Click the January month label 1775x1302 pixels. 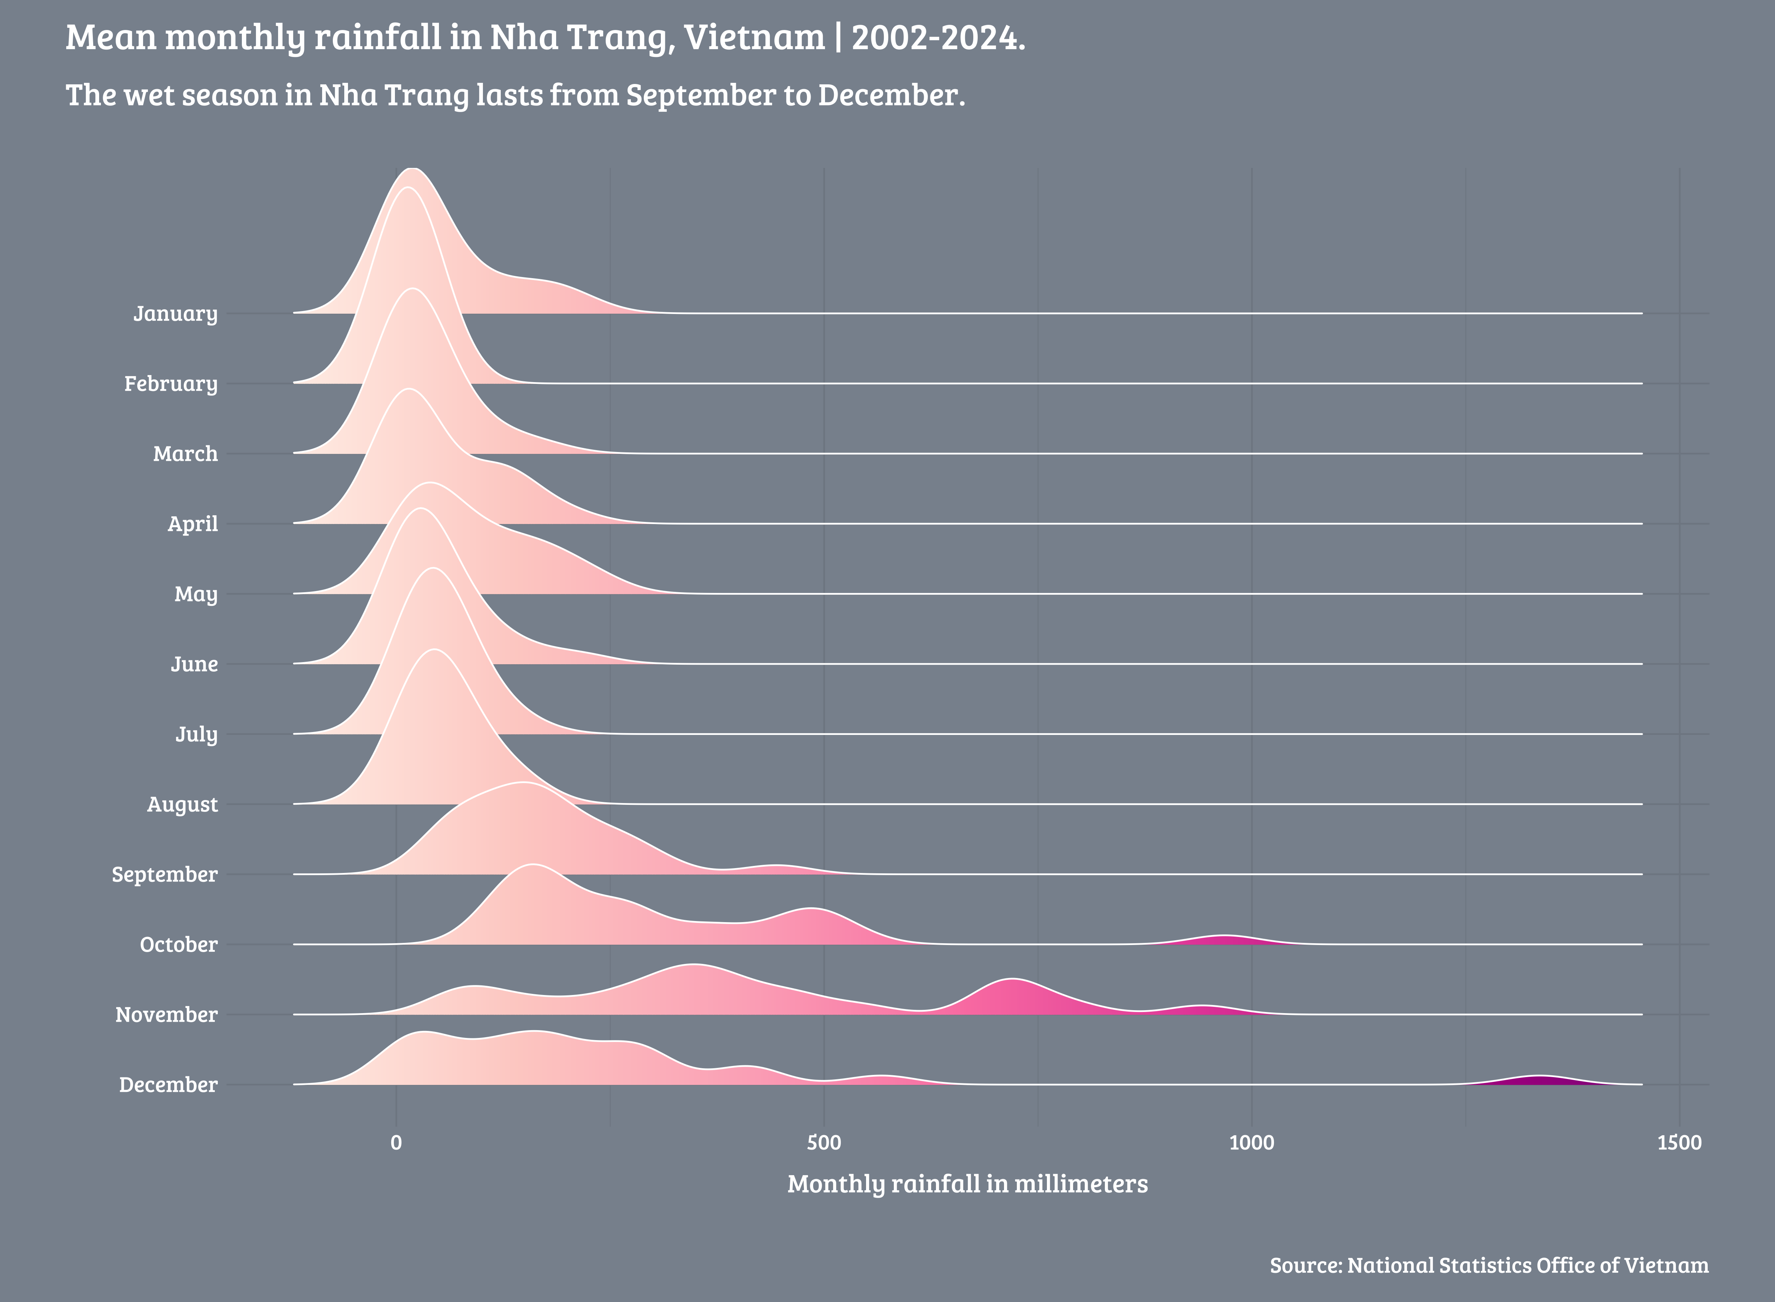pos(175,314)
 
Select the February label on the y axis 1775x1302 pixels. pos(170,384)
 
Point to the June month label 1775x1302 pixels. pos(194,664)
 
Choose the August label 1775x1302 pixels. pos(182,805)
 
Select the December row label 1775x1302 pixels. pos(168,1085)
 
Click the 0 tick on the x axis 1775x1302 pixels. pos(396,1143)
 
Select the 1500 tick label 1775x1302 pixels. pos(1679,1143)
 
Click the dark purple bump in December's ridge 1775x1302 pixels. pos(1538,1080)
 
